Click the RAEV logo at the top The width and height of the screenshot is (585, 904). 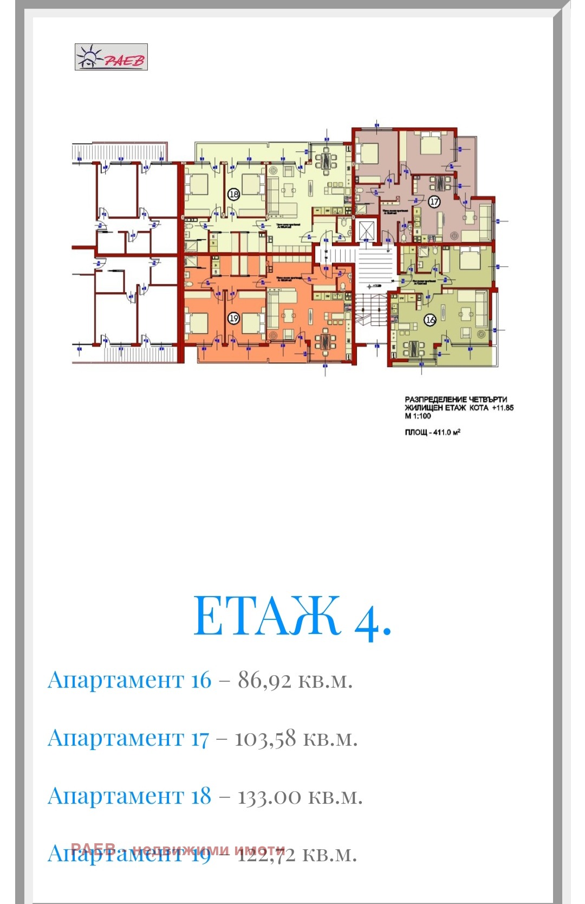point(111,57)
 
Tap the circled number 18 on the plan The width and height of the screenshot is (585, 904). point(233,194)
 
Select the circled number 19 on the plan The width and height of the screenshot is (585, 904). point(233,318)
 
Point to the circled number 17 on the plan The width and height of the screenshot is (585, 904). point(434,202)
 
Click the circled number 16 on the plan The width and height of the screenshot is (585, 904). point(430,319)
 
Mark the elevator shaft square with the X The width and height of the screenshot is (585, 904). point(367,230)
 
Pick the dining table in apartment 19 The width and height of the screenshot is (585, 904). point(326,341)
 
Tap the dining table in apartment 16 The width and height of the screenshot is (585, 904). point(413,349)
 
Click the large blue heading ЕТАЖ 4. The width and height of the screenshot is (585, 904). point(292,616)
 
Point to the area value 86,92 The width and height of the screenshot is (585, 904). point(264,680)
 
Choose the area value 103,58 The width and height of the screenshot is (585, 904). point(265,739)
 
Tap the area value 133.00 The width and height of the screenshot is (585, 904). point(269,797)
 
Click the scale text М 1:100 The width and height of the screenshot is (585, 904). point(418,416)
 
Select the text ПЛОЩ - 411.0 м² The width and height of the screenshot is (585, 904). point(432,432)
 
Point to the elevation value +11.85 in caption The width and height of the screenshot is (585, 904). point(503,408)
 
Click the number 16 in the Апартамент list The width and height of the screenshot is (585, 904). point(201,680)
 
